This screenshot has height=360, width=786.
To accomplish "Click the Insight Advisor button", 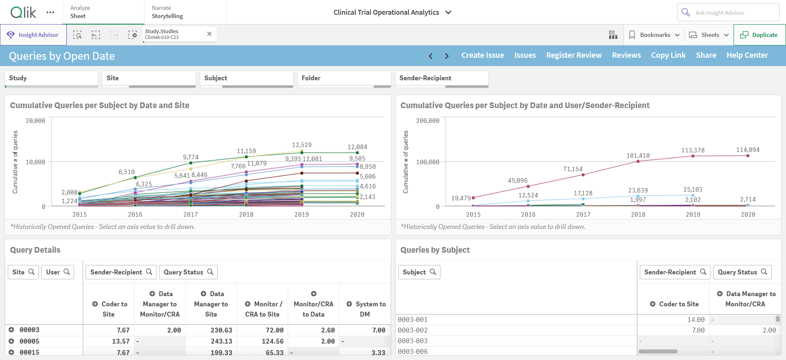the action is click(x=33, y=35).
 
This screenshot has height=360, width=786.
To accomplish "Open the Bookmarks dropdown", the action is click(x=654, y=35).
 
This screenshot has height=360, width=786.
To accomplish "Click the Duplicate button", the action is click(x=759, y=35).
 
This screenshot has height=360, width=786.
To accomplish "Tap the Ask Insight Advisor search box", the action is click(x=728, y=13).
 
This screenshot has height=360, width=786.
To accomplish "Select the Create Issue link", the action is click(x=483, y=55).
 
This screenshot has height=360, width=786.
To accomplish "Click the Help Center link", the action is click(x=747, y=55).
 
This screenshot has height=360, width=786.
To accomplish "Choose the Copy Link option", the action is click(x=668, y=55).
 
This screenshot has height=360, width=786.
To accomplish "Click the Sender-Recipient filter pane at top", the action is click(x=442, y=79).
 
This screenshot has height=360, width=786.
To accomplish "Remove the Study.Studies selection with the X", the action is click(x=209, y=34).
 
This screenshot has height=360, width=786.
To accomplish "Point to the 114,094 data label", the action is click(x=748, y=150).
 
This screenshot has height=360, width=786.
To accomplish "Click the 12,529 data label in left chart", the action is click(x=302, y=145).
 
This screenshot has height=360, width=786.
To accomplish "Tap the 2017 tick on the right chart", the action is click(x=583, y=215).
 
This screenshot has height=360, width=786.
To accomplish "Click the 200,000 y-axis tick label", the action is click(x=427, y=121).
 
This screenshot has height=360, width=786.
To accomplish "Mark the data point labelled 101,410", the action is click(x=638, y=161).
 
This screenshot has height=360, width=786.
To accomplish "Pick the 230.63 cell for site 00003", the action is click(x=221, y=330).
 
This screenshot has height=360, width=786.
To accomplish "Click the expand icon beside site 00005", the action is click(x=11, y=341).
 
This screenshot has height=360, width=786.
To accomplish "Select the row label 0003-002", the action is click(x=413, y=331).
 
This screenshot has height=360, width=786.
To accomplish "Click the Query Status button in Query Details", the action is click(x=188, y=272).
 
